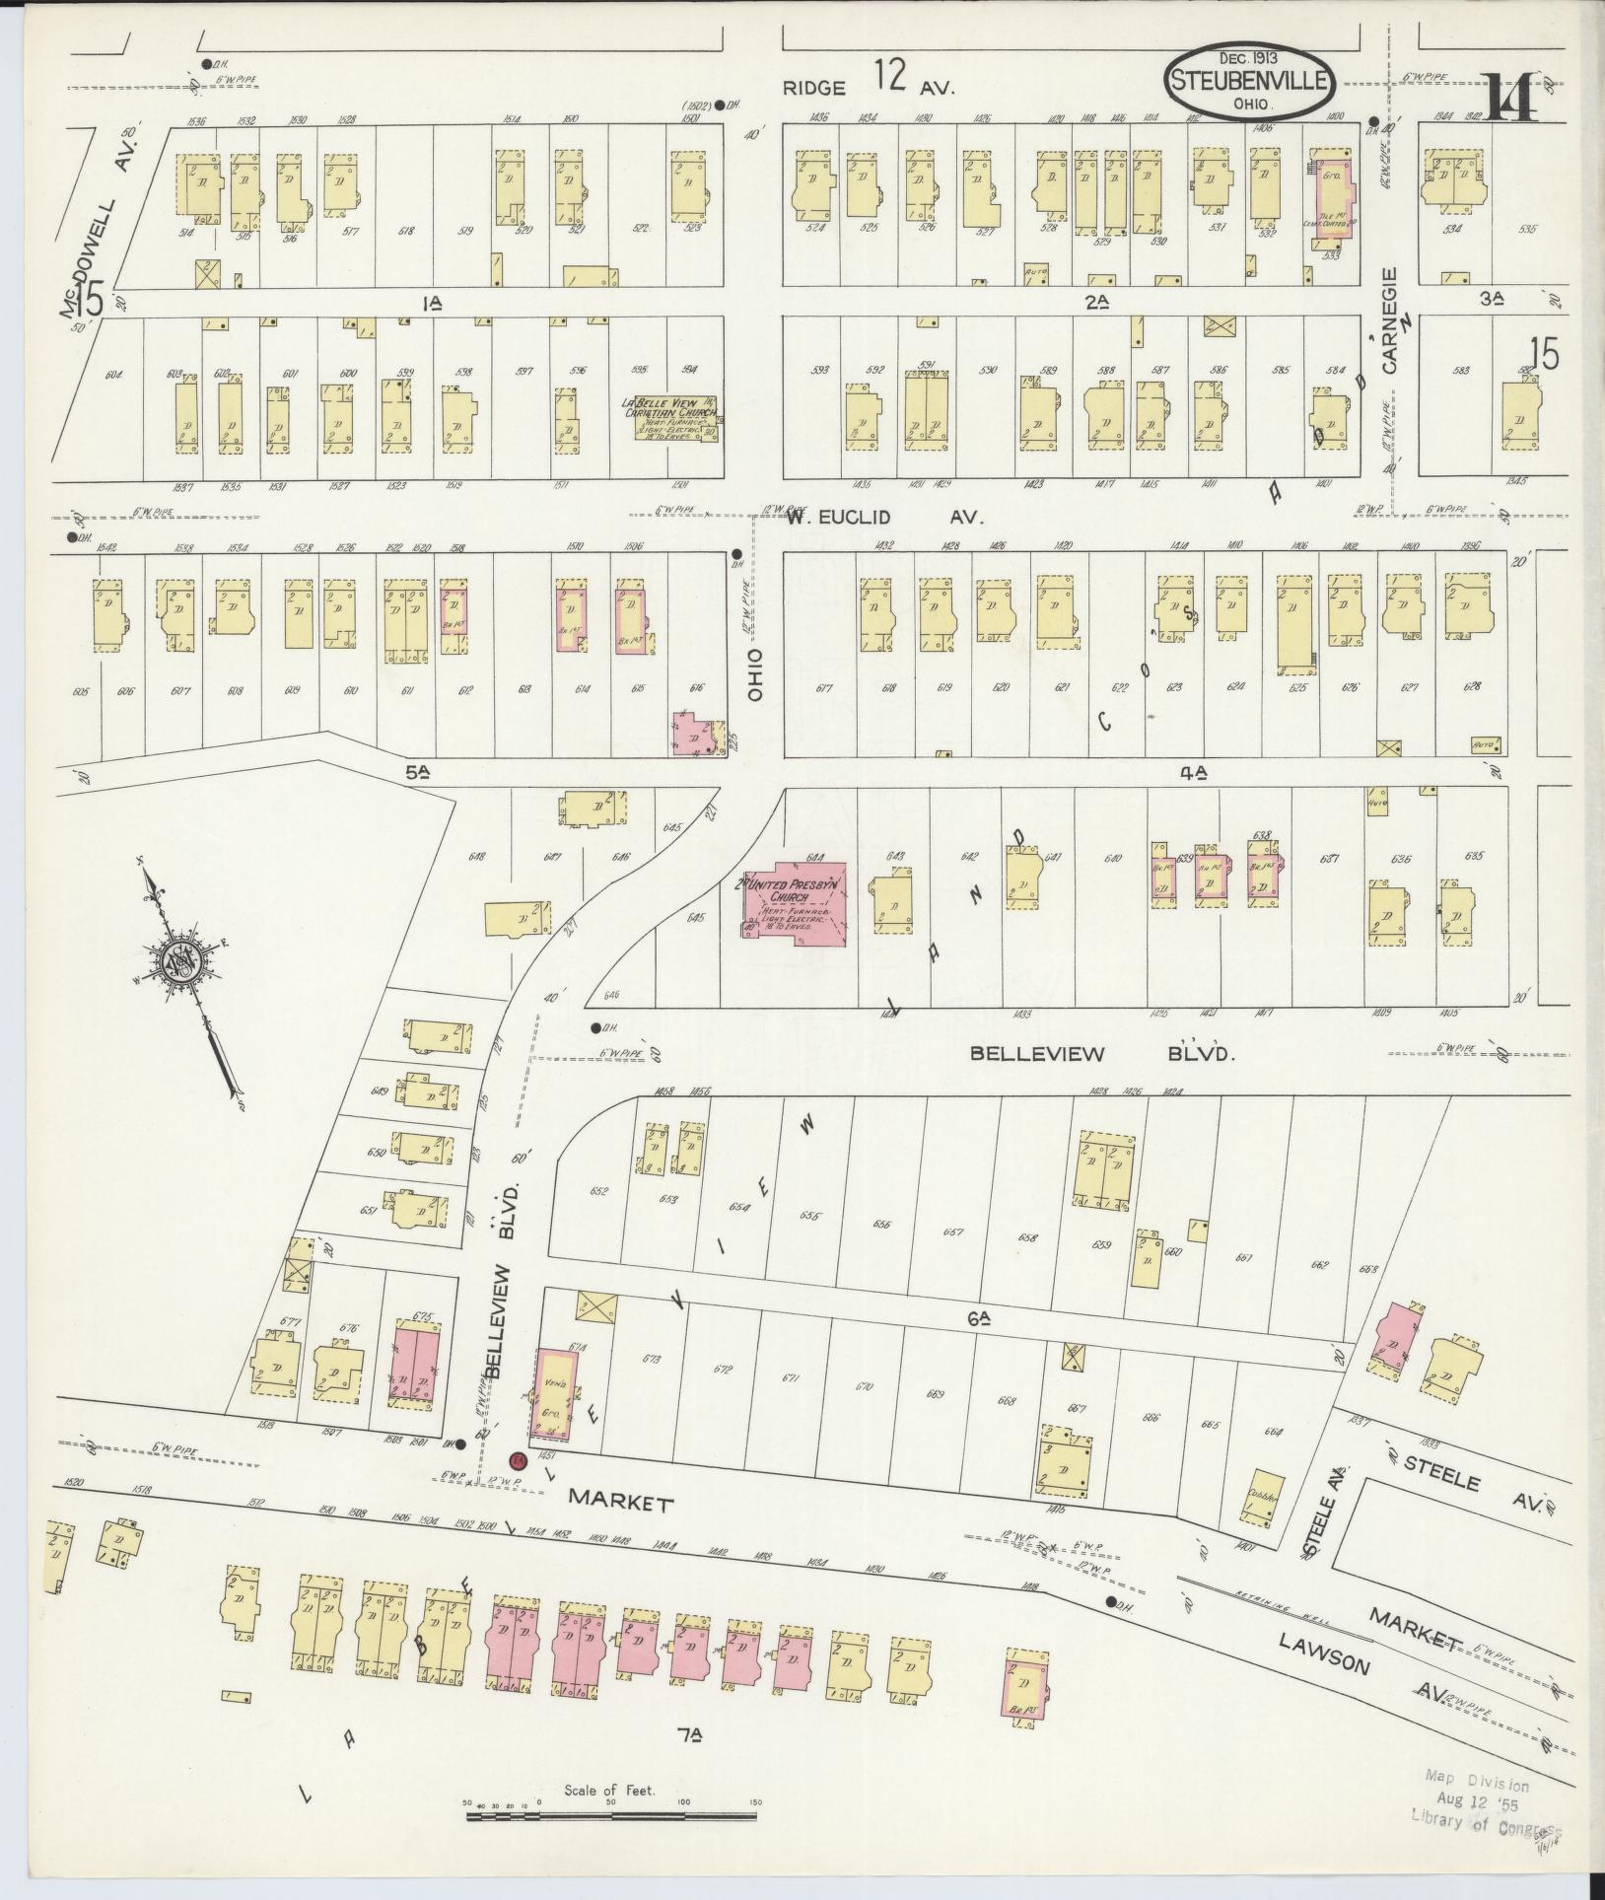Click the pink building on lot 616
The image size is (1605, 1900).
point(699,734)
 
